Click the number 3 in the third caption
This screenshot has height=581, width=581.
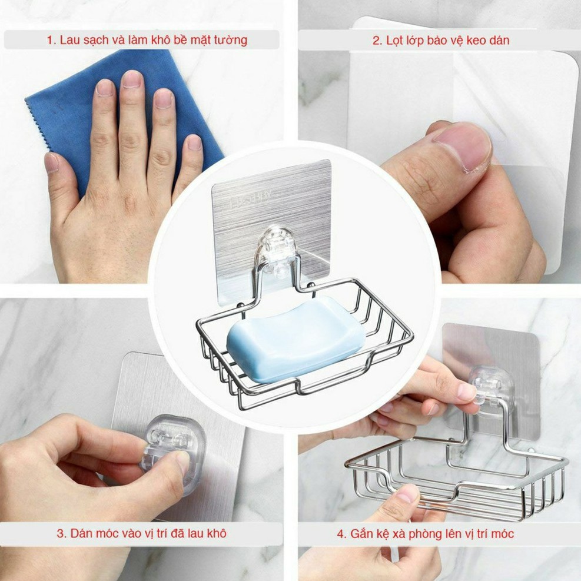pos(60,533)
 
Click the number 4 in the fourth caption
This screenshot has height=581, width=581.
pos(340,534)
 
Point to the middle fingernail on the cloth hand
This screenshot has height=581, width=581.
pos(132,79)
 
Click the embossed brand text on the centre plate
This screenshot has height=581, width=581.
pos(248,200)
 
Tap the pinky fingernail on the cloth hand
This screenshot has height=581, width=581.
pos(194,142)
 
